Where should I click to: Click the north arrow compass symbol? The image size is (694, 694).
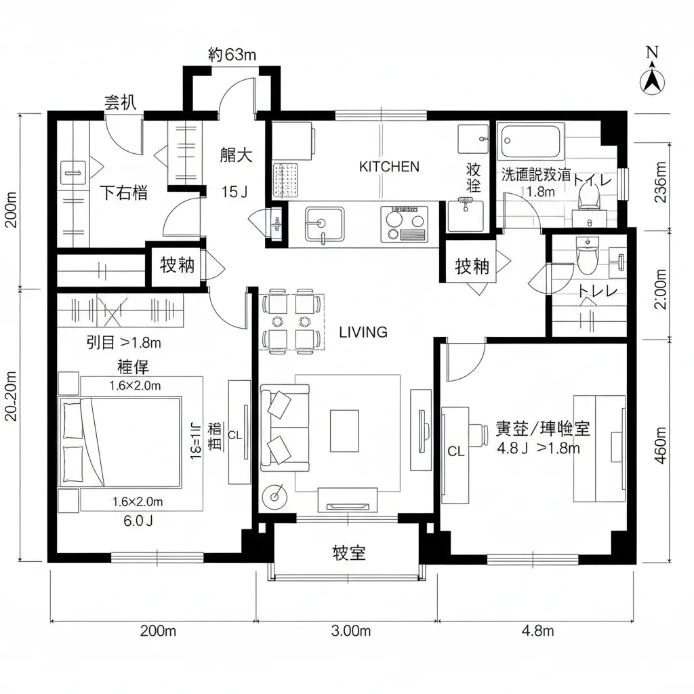pyautogui.click(x=652, y=77)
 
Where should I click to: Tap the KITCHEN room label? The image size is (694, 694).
pyautogui.click(x=389, y=167)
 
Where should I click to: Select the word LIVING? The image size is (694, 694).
pyautogui.click(x=363, y=332)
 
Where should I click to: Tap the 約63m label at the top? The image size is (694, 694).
pyautogui.click(x=232, y=55)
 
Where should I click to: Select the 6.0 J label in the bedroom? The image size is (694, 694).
pyautogui.click(x=138, y=521)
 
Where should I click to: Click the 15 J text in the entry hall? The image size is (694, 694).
pyautogui.click(x=234, y=192)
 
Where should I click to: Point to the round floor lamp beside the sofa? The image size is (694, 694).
pyautogui.click(x=275, y=497)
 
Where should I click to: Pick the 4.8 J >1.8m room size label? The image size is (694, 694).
pyautogui.click(x=539, y=447)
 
